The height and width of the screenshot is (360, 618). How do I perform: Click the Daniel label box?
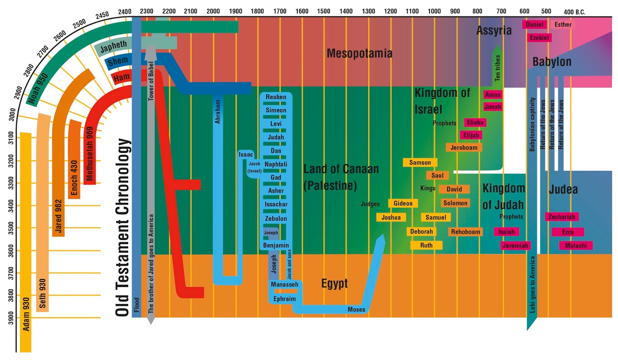pyautogui.click(x=534, y=24)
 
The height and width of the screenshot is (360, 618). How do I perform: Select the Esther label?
pyautogui.click(x=563, y=24)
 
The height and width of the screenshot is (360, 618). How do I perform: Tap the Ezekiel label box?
pyautogui.click(x=539, y=37)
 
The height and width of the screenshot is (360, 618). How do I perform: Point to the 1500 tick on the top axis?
pyautogui.click(x=324, y=11)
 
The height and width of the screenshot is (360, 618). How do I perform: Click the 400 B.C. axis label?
pyautogui.click(x=574, y=12)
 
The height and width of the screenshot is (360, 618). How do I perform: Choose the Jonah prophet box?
pyautogui.click(x=493, y=107)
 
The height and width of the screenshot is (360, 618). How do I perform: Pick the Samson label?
pyautogui.click(x=420, y=163)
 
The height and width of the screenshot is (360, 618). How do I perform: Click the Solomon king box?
pyautogui.click(x=455, y=203)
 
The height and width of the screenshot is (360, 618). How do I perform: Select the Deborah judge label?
pyautogui.click(x=421, y=231)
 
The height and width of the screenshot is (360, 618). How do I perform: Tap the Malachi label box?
pyautogui.click(x=576, y=245)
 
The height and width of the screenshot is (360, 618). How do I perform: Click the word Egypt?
pyautogui.click(x=334, y=284)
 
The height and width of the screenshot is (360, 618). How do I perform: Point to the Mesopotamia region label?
pyautogui.click(x=359, y=53)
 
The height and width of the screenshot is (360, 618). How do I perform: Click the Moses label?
pyautogui.click(x=356, y=309)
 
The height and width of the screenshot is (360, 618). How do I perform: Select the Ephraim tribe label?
pyautogui.click(x=285, y=299)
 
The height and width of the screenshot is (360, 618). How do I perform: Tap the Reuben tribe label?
pyautogui.click(x=276, y=97)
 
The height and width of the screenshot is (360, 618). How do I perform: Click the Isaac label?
pyautogui.click(x=246, y=155)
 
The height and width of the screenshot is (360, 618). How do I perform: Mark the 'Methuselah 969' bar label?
pyautogui.click(x=90, y=154)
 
